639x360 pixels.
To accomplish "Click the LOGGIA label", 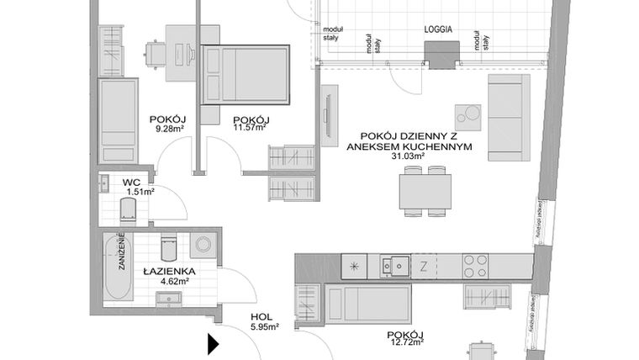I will [439, 29].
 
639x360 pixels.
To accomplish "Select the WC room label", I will [131, 181].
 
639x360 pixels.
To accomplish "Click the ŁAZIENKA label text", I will [169, 271].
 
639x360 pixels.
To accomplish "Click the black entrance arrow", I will [213, 343].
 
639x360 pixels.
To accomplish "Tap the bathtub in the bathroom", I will [116, 267].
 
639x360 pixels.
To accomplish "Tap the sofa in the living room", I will [509, 116].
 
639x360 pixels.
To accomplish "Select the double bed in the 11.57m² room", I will [246, 75].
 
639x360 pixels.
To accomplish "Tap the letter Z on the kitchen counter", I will [424, 267].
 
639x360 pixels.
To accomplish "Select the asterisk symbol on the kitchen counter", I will [354, 267].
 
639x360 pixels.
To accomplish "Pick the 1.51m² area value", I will [140, 192].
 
